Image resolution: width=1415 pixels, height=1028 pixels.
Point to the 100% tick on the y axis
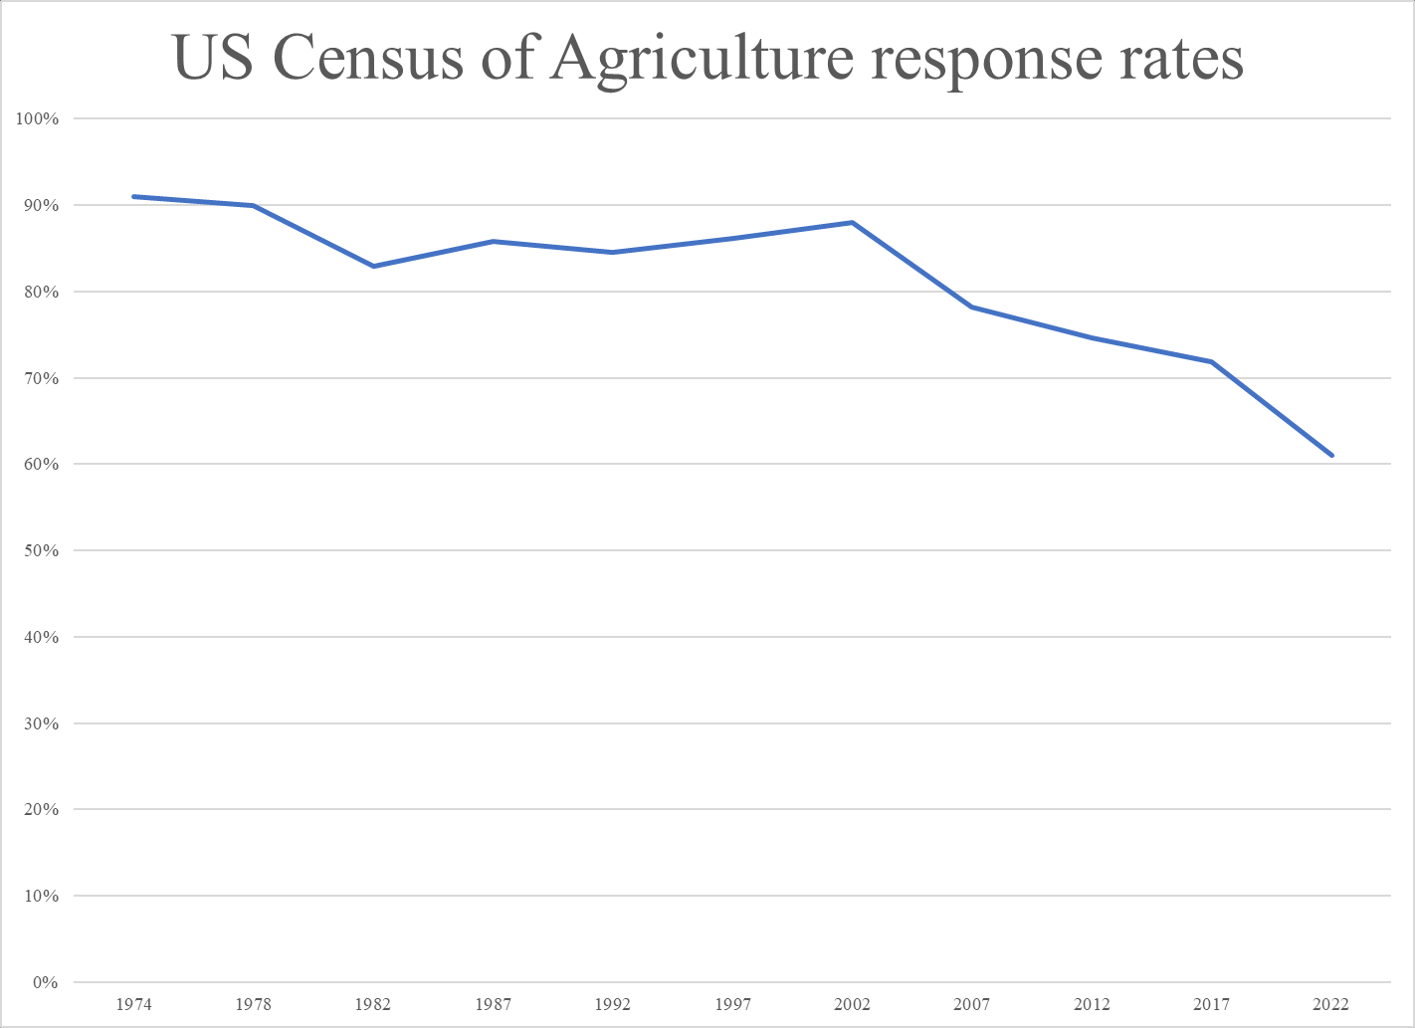(38, 119)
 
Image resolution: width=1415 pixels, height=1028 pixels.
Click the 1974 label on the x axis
(133, 1004)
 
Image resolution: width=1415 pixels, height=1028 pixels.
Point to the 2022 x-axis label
(1331, 1004)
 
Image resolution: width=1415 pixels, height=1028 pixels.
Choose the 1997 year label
(732, 1004)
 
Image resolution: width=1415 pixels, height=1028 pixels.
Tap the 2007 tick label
(972, 1004)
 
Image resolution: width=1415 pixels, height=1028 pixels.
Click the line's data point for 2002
(853, 222)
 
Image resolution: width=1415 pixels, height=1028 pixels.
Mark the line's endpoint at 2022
(1331, 456)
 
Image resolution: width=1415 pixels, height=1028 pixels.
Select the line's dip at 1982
(373, 266)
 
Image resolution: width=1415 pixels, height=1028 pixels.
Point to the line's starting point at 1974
(133, 196)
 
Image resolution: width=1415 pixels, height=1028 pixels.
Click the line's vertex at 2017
(1212, 361)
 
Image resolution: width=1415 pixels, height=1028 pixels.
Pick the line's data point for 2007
(972, 307)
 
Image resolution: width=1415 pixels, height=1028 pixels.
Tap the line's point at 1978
(254, 206)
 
